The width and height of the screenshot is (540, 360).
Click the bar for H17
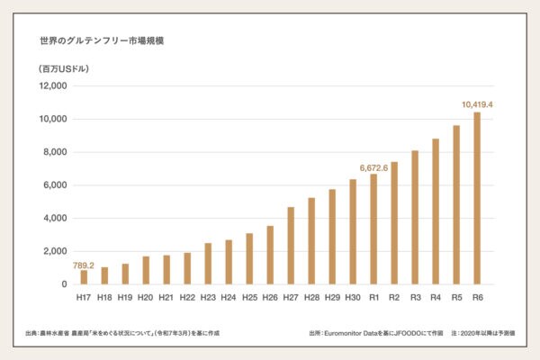pos(84,277)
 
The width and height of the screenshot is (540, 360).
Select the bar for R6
pos(477,198)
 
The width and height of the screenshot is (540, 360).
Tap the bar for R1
pos(373,229)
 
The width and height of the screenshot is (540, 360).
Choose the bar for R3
pos(415,217)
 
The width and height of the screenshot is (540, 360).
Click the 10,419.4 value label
pos(477,104)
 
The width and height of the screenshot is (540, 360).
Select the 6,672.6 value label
pos(373,166)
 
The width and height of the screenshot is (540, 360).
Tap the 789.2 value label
pos(84,265)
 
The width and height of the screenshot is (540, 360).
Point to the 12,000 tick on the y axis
pos(53,86)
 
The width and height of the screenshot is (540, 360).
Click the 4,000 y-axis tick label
pos(56,219)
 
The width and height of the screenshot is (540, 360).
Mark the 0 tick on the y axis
pos(64,284)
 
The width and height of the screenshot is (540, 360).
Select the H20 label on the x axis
pos(146,297)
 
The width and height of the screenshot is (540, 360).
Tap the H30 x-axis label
pos(353,297)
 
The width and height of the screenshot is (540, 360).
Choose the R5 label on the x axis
pos(456,297)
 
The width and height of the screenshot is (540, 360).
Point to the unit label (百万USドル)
pos(64,68)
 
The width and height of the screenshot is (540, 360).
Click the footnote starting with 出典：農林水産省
pos(122,333)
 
